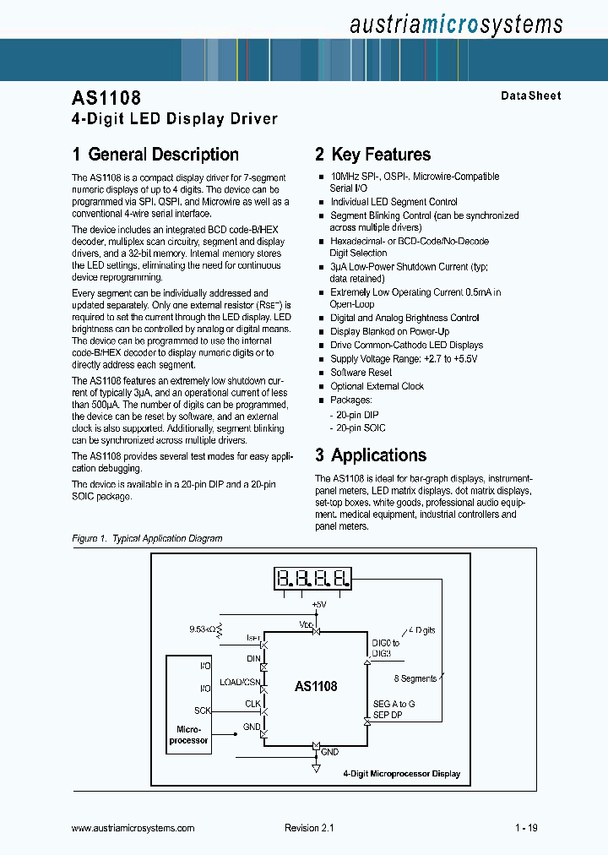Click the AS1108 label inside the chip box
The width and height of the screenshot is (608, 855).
point(316,686)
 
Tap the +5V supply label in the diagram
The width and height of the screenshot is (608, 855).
point(318,605)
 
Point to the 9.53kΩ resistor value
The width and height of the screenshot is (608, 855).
point(203,629)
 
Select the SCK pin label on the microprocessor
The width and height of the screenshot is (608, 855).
point(203,711)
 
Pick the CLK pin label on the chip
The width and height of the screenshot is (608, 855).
point(252,703)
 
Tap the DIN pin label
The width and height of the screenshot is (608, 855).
point(253,658)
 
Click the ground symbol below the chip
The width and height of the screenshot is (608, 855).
point(316,768)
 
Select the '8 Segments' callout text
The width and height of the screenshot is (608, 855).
point(415,678)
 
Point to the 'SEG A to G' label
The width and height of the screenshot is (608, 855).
point(394,705)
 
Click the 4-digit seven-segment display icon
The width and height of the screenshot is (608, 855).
point(313,579)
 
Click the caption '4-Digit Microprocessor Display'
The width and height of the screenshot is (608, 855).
point(402,774)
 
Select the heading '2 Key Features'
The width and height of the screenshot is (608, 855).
point(372,155)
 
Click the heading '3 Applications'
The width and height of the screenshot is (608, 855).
point(371,455)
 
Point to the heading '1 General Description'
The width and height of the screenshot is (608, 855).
point(155,155)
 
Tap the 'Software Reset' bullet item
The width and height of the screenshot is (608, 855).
point(361,373)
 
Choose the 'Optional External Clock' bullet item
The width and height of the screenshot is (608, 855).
point(377,386)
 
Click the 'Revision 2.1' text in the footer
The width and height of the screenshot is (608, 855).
point(310,829)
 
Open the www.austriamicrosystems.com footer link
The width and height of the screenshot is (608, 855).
point(133,829)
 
